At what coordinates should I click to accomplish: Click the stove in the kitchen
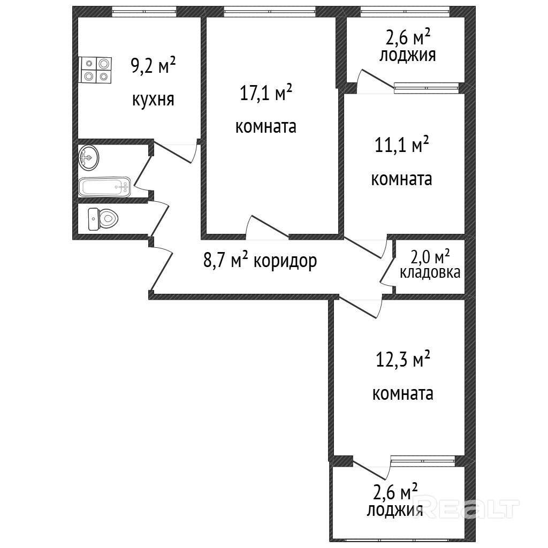pyautogui.click(x=95, y=70)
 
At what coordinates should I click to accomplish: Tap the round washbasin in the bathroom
pyautogui.click(x=88, y=158)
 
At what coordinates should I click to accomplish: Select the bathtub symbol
pyautogui.click(x=104, y=187)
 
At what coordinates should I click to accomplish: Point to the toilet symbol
pyautogui.click(x=103, y=219)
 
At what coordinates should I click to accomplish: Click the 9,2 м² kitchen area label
pyautogui.click(x=153, y=65)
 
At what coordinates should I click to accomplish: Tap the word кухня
pyautogui.click(x=153, y=100)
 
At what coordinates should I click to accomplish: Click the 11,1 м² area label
pyautogui.click(x=402, y=144)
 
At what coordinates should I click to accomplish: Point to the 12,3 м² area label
pyautogui.click(x=402, y=359)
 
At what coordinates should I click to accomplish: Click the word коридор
pyautogui.click(x=285, y=261)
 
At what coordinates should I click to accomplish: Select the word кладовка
pyautogui.click(x=430, y=272)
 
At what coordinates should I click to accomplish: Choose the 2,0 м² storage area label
pyautogui.click(x=430, y=257)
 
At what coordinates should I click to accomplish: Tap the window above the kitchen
pyautogui.click(x=144, y=12)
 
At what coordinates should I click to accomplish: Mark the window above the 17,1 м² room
pyautogui.click(x=270, y=12)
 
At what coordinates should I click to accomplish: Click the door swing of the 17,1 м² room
pyautogui.click(x=268, y=227)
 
